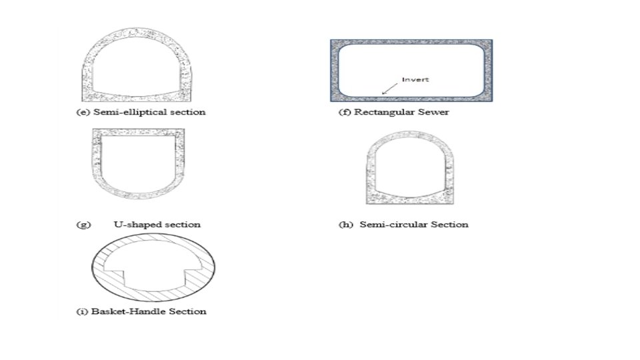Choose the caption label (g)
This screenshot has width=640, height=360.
(81, 225)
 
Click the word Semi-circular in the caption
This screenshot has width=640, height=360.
(391, 225)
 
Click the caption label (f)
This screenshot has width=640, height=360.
(345, 112)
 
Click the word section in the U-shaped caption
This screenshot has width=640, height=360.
(183, 225)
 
